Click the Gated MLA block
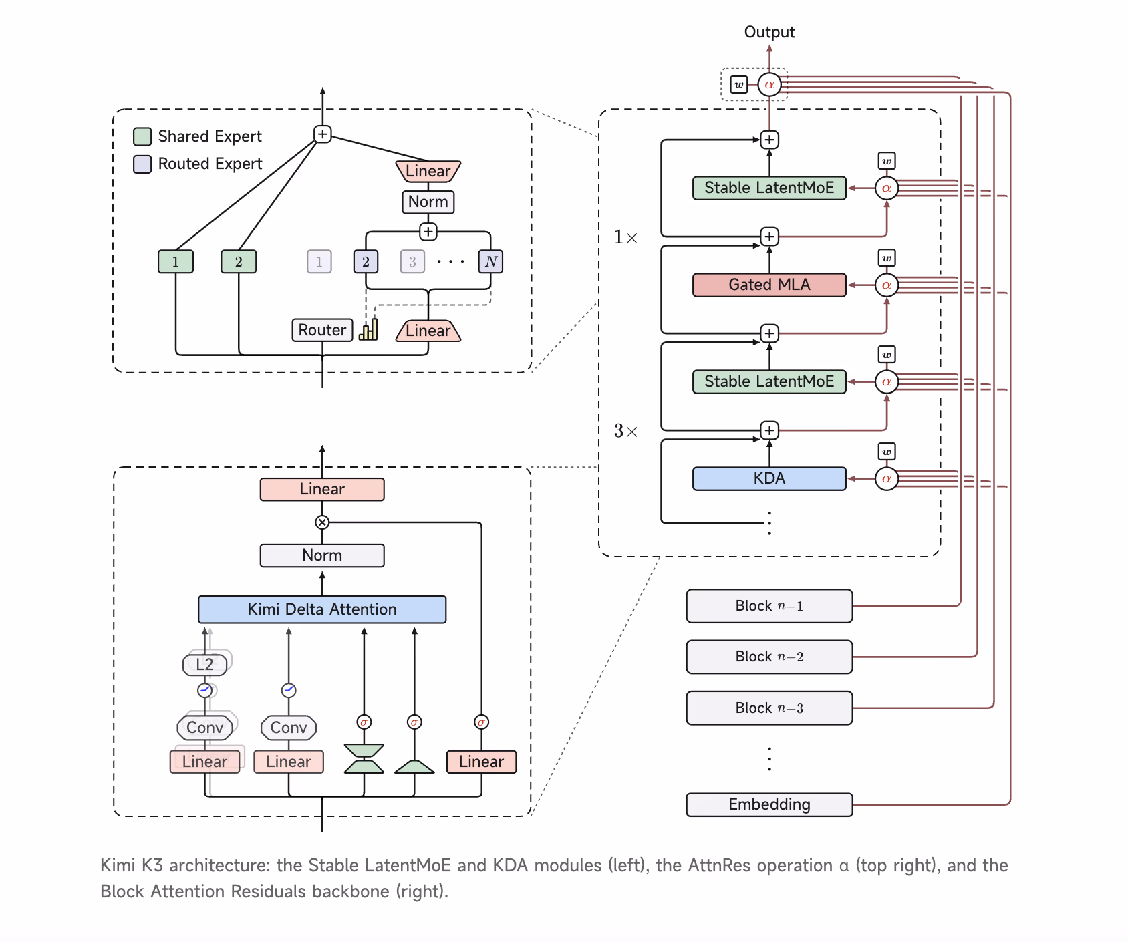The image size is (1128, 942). pos(769,285)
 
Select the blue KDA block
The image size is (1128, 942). pos(769,478)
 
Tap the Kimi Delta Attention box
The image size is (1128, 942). pos(322,609)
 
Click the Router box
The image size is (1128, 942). pos(322,330)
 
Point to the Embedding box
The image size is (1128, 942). pos(769,804)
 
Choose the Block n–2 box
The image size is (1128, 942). pos(769,657)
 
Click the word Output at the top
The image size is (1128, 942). pos(769,32)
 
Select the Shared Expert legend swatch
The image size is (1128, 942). pos(142,136)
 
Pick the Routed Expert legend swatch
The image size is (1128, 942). pos(142,164)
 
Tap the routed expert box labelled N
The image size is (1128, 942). pos(491,261)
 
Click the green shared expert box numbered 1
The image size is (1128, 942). pos(176,261)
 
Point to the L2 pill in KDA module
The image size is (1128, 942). pos(205,664)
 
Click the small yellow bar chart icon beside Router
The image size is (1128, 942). pos(368,330)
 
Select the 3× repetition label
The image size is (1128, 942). pos(625,431)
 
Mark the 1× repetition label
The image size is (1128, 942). pos(625,237)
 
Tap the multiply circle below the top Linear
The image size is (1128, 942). pos(322,522)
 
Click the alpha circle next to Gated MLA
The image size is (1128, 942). pos(887,285)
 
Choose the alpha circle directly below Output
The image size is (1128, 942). pos(769,85)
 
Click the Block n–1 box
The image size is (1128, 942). pos(769,606)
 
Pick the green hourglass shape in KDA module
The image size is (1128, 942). pos(364,758)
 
